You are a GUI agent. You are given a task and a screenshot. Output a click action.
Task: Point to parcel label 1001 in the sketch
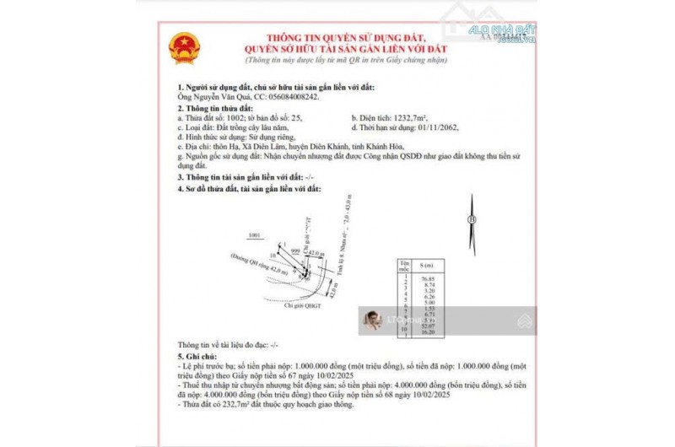click(255, 235)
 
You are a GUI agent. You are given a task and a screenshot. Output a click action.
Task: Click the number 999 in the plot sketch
click(295, 250)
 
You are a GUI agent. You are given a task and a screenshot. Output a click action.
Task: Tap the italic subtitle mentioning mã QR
click(347, 61)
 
